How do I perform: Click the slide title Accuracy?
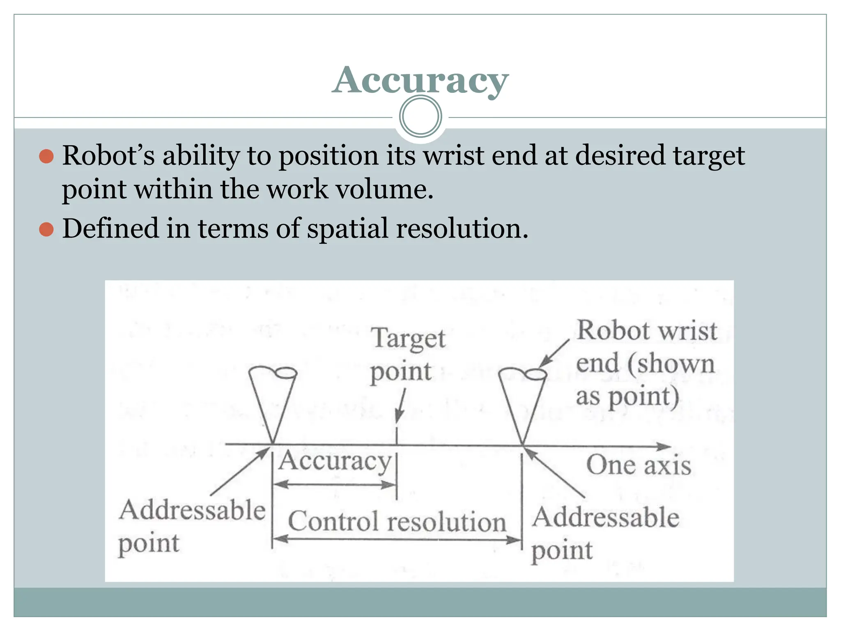(x=420, y=80)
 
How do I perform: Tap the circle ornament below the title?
(x=420, y=117)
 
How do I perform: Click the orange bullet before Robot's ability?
(x=46, y=157)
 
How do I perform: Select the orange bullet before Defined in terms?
(x=46, y=229)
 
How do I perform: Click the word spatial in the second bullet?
(x=347, y=229)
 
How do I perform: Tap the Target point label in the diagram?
(x=407, y=355)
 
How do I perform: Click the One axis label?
(x=638, y=465)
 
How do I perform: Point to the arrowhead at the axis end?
(x=664, y=446)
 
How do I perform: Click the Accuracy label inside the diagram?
(x=335, y=461)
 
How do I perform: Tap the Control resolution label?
(x=397, y=522)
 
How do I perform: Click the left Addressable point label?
(x=191, y=526)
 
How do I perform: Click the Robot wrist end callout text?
(x=646, y=364)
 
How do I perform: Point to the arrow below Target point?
(x=400, y=407)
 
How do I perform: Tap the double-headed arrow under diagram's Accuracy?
(x=335, y=485)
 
